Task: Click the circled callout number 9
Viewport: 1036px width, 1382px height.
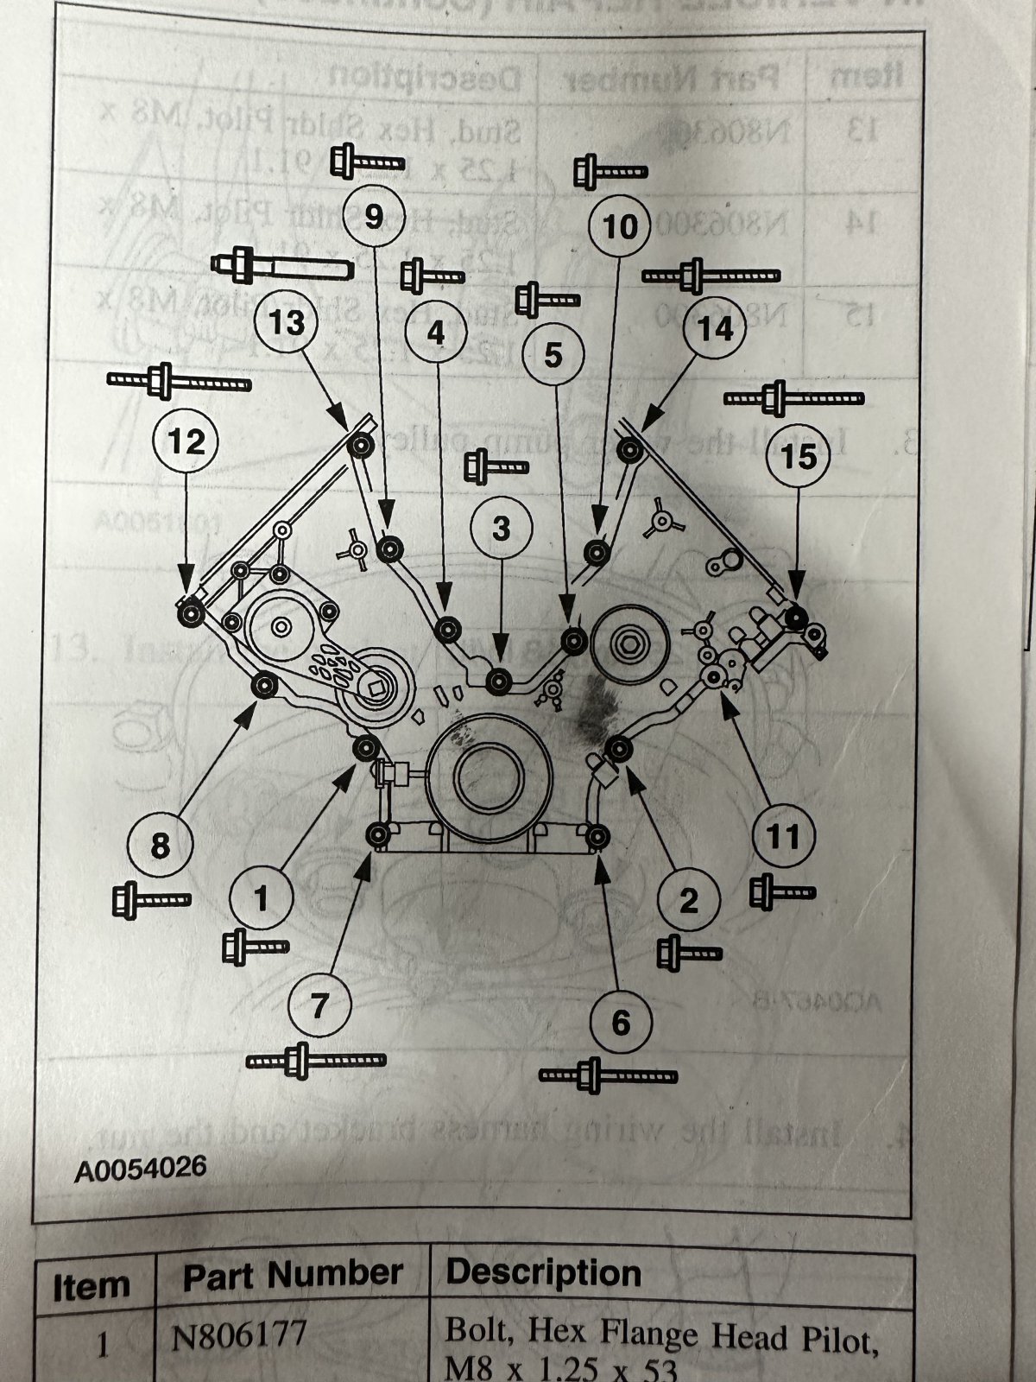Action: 373,216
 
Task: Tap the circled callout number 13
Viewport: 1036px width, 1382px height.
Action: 287,322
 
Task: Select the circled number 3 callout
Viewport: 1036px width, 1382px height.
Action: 502,529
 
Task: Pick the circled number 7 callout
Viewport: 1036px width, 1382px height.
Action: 319,1005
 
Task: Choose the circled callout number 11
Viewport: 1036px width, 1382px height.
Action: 783,835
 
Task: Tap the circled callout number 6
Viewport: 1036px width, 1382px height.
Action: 622,1023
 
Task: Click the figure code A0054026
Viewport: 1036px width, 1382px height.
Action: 140,1170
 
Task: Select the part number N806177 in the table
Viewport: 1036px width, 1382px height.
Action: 239,1337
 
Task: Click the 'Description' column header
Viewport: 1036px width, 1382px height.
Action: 544,1273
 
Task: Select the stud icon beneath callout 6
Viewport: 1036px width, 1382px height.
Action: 608,1075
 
